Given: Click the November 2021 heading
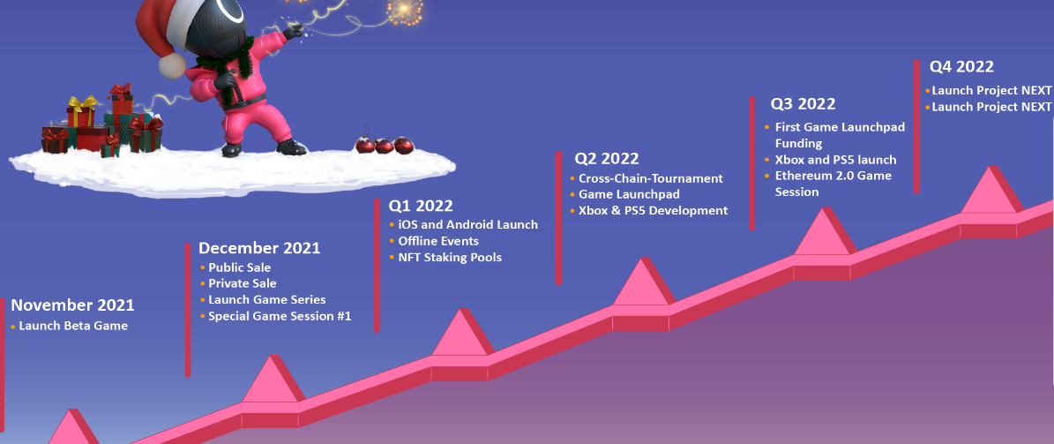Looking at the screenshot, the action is click(72, 305).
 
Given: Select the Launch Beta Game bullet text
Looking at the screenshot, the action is click(73, 326).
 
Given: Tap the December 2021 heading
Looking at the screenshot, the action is click(259, 247).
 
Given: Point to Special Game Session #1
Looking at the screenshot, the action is click(280, 315).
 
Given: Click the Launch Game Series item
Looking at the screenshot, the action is click(267, 299).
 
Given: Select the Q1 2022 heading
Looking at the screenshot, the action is click(421, 205).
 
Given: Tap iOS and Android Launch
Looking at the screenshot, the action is click(467, 225).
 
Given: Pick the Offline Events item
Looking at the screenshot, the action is click(438, 241).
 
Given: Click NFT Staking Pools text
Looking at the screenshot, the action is click(450, 257).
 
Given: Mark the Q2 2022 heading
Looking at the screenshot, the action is click(606, 159).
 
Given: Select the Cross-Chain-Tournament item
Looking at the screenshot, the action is click(651, 178).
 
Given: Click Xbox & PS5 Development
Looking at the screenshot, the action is click(654, 211).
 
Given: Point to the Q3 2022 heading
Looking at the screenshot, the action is click(803, 103).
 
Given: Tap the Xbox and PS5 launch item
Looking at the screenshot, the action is click(835, 160).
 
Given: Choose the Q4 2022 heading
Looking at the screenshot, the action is click(961, 66).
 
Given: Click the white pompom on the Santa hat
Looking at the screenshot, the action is click(172, 65).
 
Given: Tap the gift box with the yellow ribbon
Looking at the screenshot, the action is click(81, 112).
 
